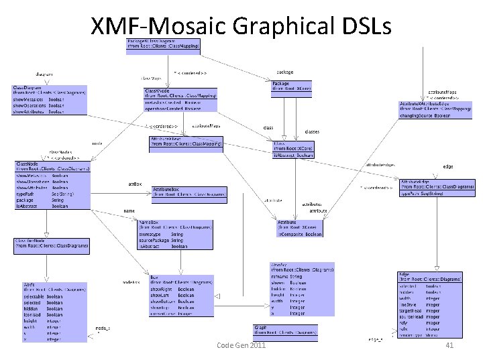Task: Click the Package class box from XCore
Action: (x=291, y=85)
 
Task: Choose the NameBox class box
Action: (x=175, y=234)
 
